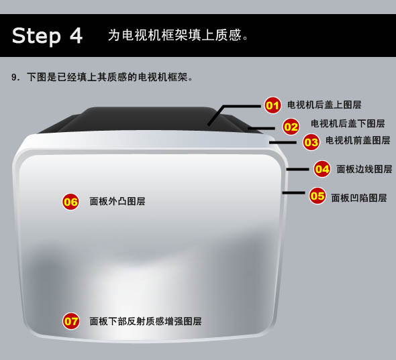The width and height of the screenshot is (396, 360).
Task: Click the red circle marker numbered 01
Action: pos(273,105)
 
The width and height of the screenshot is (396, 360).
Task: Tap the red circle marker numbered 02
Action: pos(291,127)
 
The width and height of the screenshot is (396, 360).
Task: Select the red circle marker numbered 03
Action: pos(311,142)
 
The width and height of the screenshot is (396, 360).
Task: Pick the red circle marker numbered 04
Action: pos(322,169)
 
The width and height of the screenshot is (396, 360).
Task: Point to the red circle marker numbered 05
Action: pos(317,196)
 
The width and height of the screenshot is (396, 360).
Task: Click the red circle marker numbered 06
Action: pos(70,202)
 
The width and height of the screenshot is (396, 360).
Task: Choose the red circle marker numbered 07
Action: pos(71,321)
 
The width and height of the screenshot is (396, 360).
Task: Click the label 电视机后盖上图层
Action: pos(324,105)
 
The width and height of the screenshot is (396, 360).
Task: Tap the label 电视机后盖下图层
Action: pos(348,123)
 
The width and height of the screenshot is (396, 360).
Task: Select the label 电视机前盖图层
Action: pos(358,140)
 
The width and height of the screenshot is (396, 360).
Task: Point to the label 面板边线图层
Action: pos(364,169)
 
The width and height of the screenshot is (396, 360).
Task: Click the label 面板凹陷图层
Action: pos(359,198)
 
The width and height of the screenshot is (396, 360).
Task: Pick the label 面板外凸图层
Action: pos(117,201)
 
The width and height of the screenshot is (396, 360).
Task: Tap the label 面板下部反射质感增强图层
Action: pos(146,321)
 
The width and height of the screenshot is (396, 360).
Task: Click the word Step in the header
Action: pos(36,36)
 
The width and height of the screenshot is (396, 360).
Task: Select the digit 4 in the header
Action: pos(76,35)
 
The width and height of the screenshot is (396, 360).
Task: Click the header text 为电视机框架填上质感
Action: pos(175,35)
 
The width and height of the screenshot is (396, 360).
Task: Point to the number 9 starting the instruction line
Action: pos(13,77)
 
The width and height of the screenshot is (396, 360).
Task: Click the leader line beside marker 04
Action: pos(297,170)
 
